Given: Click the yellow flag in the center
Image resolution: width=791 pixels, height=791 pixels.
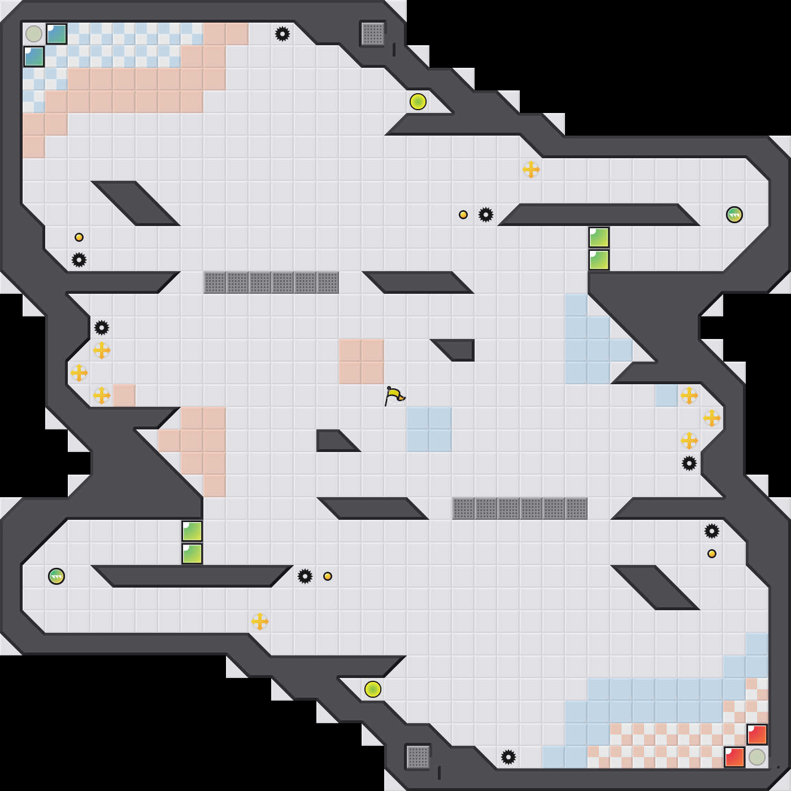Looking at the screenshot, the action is [x=394, y=395].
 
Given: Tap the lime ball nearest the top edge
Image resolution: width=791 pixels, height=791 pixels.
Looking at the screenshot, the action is [x=418, y=102].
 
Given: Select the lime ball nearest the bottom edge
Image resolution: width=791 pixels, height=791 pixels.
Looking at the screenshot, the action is [x=373, y=689].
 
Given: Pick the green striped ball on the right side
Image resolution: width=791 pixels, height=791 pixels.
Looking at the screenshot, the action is [x=734, y=215].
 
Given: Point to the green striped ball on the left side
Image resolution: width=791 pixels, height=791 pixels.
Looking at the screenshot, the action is [x=56, y=576].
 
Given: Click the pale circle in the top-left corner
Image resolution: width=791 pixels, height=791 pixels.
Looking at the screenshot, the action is [x=34, y=34].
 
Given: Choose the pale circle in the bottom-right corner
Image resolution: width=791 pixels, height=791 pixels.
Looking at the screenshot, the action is [x=757, y=757].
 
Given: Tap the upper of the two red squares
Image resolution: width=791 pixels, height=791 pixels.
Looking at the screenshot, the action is [x=757, y=734].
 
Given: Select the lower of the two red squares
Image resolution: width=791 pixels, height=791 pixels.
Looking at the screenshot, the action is [x=734, y=757].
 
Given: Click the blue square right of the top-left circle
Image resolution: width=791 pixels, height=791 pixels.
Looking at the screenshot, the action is [x=56, y=34].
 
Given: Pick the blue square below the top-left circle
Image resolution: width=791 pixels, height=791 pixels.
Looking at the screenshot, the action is [x=34, y=56].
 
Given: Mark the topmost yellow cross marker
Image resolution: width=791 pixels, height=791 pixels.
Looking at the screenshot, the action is [x=531, y=169].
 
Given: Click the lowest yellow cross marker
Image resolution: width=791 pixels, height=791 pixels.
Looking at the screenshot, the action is [x=260, y=621].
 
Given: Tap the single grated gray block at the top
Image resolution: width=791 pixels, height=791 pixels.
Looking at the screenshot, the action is [x=373, y=34].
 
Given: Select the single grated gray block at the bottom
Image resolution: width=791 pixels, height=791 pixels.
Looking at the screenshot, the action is [x=418, y=757].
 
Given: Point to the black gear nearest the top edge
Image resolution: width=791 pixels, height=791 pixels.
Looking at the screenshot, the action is [x=282, y=34].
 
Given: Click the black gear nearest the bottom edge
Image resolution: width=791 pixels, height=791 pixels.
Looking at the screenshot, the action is [x=508, y=757].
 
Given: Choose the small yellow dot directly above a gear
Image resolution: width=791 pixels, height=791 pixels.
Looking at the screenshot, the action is [x=79, y=237].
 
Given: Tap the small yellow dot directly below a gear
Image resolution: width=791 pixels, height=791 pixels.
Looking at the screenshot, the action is [x=712, y=554].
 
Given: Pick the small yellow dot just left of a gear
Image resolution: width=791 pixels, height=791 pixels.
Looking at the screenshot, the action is [x=463, y=215].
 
